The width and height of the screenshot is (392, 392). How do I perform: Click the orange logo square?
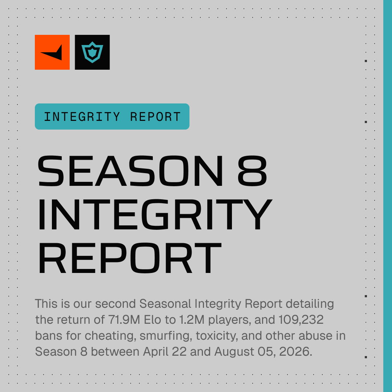52,52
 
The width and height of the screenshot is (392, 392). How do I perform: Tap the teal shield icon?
92,52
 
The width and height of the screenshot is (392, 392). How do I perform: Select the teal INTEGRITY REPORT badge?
112,117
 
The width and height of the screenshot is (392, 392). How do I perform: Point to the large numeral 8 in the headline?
252,171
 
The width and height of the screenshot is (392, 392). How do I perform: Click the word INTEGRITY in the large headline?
155,214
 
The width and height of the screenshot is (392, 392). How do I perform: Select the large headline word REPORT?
130,258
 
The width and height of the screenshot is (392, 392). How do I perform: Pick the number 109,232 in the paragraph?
301,319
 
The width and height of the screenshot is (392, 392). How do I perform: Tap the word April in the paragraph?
155,352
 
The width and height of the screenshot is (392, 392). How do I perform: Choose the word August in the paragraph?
234,352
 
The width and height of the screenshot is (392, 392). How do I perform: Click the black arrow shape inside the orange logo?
52,53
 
